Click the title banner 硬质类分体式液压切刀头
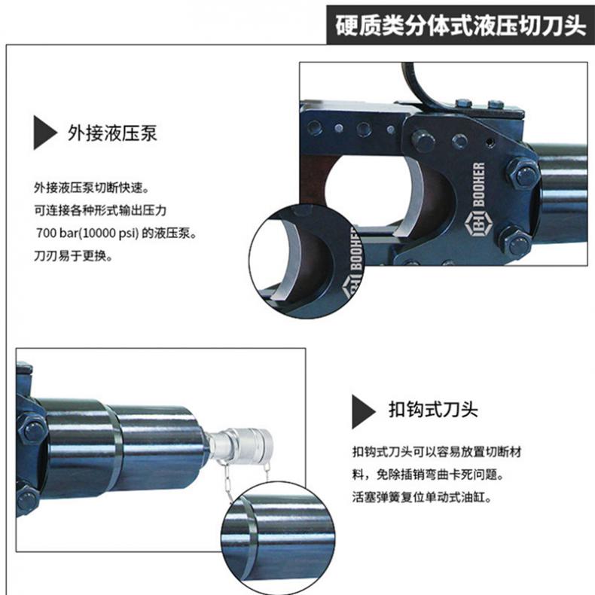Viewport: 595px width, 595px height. tap(460, 25)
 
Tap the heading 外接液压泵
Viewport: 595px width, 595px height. tap(112, 133)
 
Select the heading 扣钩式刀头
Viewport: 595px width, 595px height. tap(433, 410)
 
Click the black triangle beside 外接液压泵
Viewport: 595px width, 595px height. tap(44, 133)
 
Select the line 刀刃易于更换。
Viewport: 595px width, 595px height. tap(74, 256)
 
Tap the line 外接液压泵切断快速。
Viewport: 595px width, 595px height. tap(91, 188)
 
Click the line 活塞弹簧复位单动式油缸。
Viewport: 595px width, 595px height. tap(422, 497)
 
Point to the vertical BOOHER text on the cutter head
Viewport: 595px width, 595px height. tap(479, 185)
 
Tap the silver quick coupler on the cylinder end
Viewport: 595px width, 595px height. tap(242, 444)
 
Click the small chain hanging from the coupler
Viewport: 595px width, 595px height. tap(224, 482)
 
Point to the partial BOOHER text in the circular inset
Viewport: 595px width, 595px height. tap(356, 252)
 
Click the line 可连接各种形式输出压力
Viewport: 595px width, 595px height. tap(101, 210)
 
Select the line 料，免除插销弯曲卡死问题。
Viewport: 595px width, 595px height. tap(428, 474)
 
